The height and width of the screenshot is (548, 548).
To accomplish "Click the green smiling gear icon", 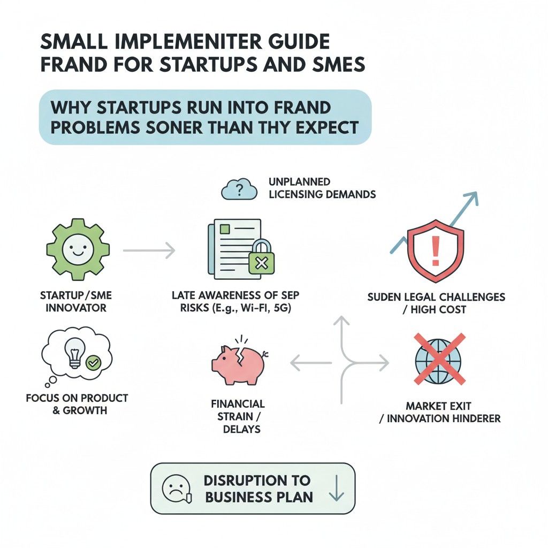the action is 78,249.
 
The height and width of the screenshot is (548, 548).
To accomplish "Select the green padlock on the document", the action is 261,257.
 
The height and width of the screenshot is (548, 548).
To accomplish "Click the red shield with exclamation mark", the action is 436,250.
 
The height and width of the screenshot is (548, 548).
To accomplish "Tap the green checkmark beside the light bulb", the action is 93,363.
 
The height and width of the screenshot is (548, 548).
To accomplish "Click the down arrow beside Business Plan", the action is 336,488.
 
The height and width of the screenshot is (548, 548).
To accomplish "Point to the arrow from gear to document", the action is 149,250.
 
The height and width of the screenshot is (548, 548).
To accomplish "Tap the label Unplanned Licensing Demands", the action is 322,188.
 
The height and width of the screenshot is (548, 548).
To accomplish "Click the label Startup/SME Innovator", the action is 76,302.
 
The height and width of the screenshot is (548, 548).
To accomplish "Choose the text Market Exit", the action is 438,406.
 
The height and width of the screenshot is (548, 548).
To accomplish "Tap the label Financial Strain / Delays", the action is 238,416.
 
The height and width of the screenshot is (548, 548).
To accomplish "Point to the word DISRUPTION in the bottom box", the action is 257,481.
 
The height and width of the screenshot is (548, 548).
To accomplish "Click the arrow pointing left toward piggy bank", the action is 311,363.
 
